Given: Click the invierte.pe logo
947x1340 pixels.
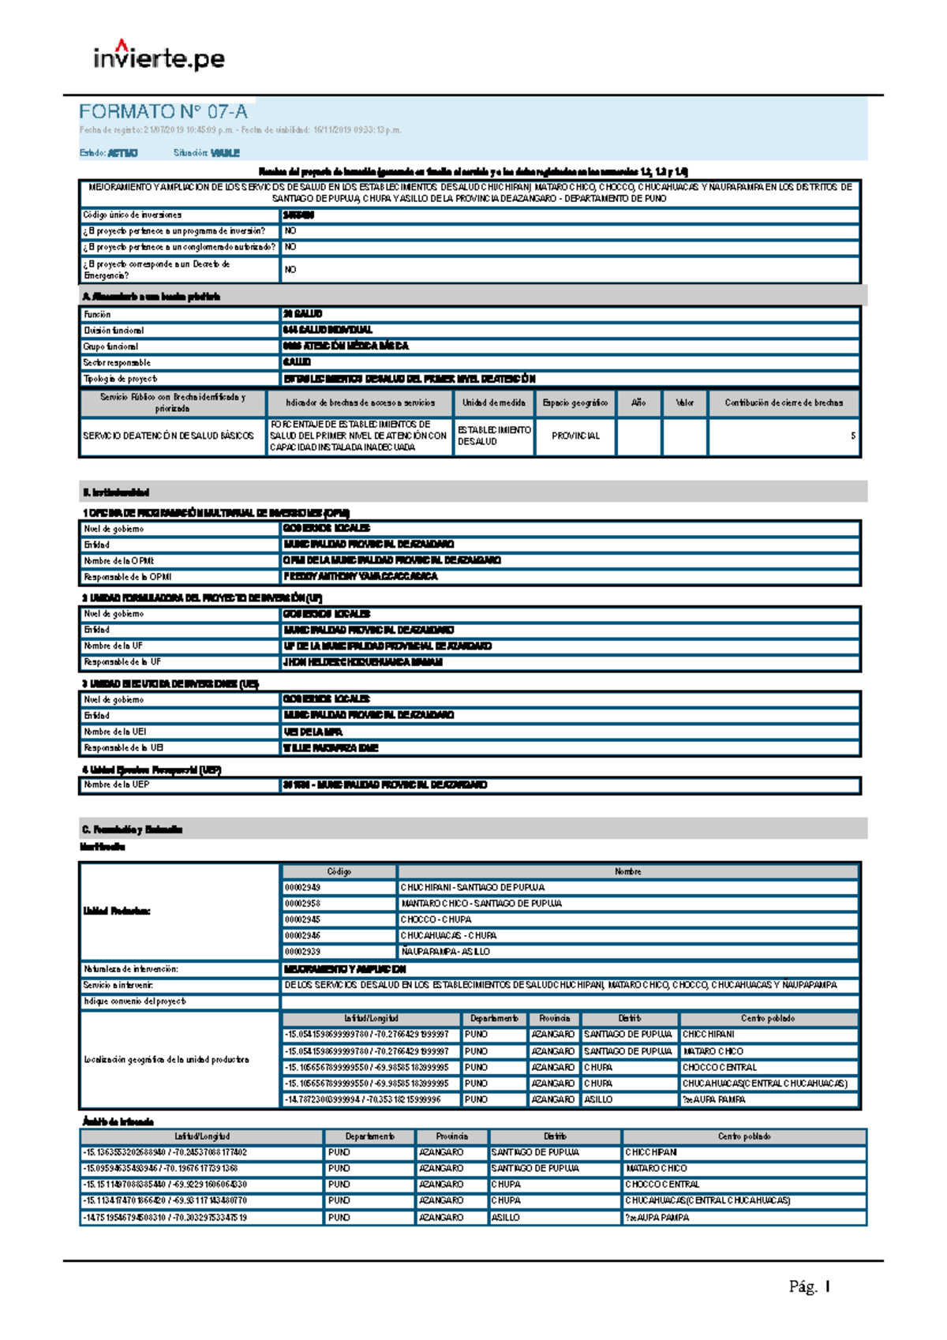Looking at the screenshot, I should [x=159, y=56].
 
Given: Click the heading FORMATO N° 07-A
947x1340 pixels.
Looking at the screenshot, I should [x=163, y=112].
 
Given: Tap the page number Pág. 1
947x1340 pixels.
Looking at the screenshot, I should [x=809, y=1286].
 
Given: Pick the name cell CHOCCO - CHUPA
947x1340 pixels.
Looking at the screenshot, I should [x=436, y=919].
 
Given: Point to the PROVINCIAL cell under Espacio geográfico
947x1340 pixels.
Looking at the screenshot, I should [x=575, y=436].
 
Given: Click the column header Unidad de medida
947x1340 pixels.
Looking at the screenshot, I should [x=493, y=402].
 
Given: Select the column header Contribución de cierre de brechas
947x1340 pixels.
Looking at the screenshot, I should [x=784, y=402].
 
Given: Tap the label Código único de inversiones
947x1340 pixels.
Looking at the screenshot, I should [x=133, y=215].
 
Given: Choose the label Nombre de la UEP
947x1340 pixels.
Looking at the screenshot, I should [x=117, y=784].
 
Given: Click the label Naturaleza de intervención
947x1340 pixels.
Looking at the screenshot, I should [x=131, y=968].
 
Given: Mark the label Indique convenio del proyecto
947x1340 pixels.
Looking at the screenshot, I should [x=135, y=1001].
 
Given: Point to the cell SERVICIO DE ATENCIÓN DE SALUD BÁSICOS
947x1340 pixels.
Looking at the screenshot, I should [x=169, y=436].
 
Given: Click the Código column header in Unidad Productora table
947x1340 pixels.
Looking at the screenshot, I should [x=339, y=871].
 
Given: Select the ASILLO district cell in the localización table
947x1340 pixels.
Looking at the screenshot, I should [x=598, y=1099].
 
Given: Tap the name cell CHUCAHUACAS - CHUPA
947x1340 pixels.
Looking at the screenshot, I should [x=448, y=935].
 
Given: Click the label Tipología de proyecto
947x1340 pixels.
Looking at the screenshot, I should [x=121, y=379].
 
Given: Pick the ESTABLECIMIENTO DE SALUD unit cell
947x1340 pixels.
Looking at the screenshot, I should [x=494, y=436].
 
